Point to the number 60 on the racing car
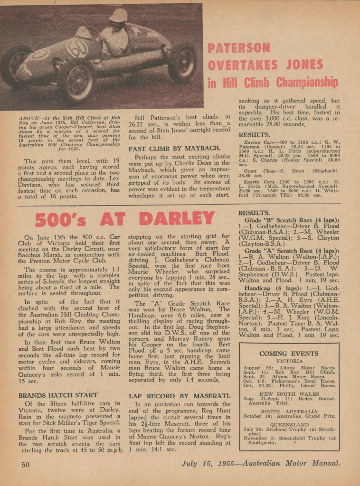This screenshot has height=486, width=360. [76, 47]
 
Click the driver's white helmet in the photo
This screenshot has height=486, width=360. [118, 16]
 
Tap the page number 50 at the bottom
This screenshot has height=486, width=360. [25, 464]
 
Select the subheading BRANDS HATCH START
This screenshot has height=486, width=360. [58, 395]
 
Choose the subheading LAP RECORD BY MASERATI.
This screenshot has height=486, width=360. [173, 395]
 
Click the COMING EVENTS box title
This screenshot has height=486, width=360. [289, 354]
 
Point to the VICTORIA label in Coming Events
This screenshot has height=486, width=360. [289, 361]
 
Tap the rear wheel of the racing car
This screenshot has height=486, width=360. [182, 63]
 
